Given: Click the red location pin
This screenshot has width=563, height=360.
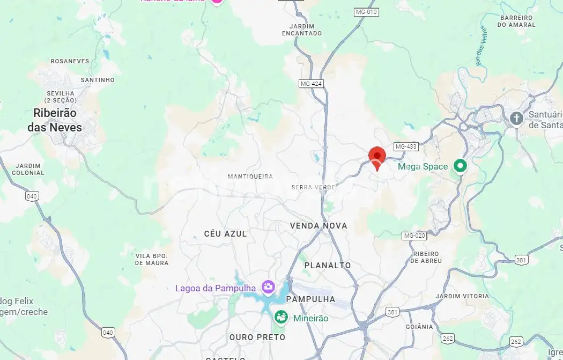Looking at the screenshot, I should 377,157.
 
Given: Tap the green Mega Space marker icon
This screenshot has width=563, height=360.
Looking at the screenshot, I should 460,166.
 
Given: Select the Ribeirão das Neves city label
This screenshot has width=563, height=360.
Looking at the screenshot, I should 55,120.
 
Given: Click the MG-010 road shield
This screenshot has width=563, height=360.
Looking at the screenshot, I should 366,11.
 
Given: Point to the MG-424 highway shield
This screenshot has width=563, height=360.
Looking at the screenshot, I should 311,84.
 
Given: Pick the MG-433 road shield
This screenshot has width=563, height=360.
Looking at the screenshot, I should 405,146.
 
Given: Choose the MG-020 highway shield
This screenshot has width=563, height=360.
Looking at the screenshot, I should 414,236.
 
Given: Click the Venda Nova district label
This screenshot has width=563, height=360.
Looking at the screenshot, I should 318,226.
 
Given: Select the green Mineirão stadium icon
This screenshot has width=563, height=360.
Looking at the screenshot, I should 281,318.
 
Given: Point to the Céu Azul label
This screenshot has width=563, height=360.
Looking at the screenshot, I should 225,234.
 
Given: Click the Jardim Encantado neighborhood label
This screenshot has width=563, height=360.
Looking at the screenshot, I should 302,30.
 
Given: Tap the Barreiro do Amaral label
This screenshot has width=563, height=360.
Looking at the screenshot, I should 517,21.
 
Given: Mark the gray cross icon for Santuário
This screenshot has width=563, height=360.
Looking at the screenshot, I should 516,118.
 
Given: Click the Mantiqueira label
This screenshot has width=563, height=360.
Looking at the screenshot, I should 250,177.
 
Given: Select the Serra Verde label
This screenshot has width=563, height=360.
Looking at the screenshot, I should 313,187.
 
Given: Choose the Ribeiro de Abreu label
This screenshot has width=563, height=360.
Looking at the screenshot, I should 426,257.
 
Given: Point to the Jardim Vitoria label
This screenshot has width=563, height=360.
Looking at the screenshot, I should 462,296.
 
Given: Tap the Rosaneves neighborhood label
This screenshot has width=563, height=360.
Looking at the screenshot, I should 70,61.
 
